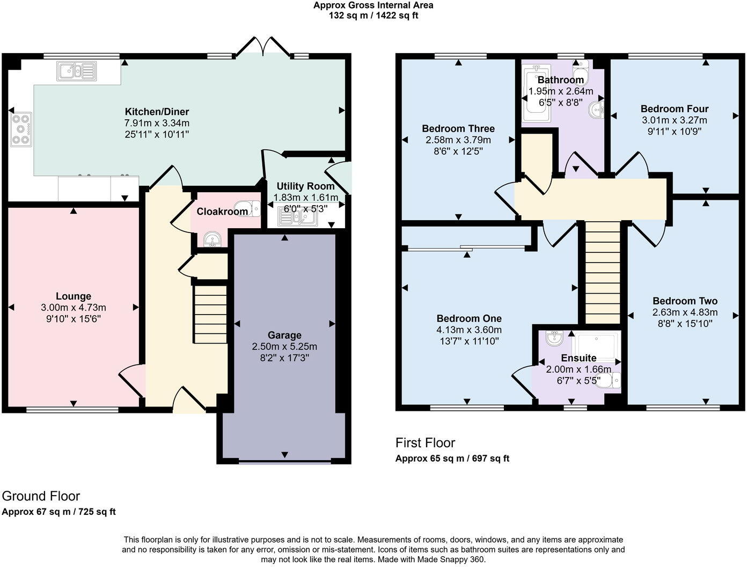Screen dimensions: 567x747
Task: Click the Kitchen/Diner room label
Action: (157, 112)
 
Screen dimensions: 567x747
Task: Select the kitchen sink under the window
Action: (77, 71)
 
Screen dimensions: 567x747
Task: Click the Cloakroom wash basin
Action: (212, 239)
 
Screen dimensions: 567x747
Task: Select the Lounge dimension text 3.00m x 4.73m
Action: (74, 308)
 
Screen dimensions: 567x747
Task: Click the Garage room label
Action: (284, 335)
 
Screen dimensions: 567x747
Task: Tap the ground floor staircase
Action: (210, 314)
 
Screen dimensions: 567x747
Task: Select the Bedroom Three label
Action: (458, 128)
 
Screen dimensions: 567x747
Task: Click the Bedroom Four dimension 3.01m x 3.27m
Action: (675, 120)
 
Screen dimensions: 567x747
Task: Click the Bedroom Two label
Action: (685, 301)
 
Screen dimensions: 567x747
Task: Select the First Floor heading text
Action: (425, 443)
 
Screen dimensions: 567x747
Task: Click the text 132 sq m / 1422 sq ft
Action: (373, 16)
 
